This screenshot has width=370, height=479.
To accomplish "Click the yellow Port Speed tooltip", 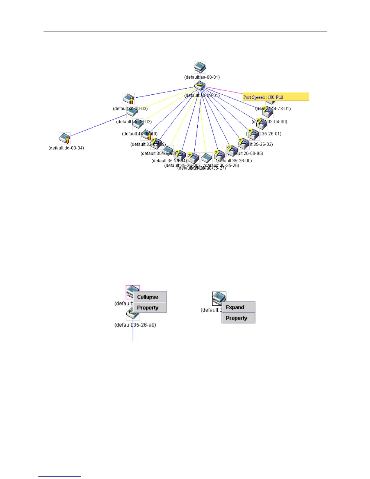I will coord(276,97).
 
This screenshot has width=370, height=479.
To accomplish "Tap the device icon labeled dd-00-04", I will coord(64,138).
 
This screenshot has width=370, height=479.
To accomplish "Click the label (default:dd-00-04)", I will coord(66,148).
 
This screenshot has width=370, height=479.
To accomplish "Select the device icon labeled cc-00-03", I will coord(128,99).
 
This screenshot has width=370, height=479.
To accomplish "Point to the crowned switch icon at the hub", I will coord(200,86).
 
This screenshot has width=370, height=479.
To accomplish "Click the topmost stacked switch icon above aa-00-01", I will coord(200,67).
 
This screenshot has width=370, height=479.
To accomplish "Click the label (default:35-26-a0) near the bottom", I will coord(135,325).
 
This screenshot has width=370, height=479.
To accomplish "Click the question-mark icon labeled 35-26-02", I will coord(243,143).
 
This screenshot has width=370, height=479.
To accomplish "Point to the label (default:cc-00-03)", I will coord(130,109).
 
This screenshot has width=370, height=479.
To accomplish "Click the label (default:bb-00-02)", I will coord(134,122).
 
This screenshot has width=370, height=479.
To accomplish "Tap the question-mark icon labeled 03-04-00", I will coord(261,124).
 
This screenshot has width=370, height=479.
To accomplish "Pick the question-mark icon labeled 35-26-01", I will coord(253,134).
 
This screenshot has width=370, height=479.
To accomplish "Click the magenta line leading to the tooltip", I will coord(224,90).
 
